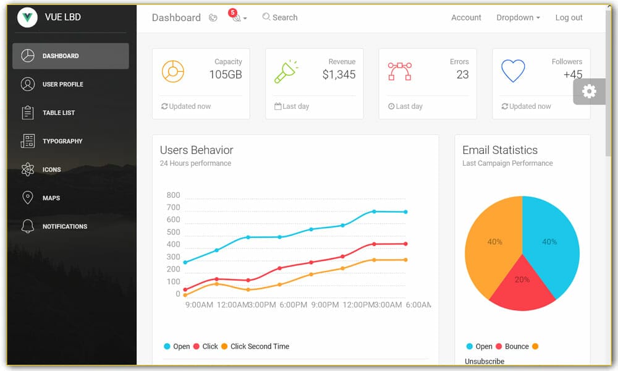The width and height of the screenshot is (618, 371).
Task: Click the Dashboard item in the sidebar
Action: click(60, 56)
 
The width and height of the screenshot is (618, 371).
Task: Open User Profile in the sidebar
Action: click(62, 84)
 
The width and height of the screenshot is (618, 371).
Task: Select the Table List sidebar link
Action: click(58, 113)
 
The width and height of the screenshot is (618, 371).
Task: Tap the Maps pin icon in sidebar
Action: click(27, 198)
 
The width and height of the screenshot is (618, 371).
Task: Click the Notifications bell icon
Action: click(27, 226)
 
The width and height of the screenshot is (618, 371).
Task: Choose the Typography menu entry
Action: click(62, 141)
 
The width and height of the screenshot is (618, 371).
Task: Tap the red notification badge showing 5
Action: click(232, 12)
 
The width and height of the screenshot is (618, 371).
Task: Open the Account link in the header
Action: click(466, 17)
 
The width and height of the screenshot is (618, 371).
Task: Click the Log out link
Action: click(569, 17)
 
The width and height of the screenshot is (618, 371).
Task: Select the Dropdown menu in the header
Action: click(518, 17)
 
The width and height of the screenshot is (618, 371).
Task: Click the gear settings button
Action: click(589, 92)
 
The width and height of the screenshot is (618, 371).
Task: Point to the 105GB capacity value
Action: click(226, 75)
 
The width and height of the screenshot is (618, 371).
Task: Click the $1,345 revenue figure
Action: click(339, 75)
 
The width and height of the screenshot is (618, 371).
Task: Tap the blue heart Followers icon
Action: click(513, 71)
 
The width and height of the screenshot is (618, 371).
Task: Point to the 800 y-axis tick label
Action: click(173, 195)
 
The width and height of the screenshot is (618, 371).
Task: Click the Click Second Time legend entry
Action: click(259, 346)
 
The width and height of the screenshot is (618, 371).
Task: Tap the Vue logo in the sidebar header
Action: click(27, 17)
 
